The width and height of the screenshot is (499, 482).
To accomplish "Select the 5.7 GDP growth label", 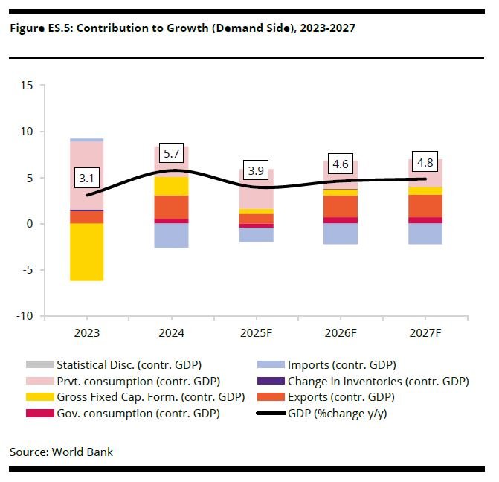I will click(x=171, y=154).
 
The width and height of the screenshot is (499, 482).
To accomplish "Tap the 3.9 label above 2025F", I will click(x=256, y=170).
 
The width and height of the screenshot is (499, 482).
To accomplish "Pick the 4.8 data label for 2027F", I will click(x=425, y=162).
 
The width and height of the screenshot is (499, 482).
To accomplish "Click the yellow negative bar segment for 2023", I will click(x=86, y=252).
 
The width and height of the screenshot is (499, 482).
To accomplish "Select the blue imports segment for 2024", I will click(x=171, y=235).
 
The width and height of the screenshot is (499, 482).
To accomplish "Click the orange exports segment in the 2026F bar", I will click(x=341, y=206).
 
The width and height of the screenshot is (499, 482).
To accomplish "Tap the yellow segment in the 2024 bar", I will click(x=171, y=186).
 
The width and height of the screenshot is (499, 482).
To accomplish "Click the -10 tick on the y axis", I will click(x=24, y=316).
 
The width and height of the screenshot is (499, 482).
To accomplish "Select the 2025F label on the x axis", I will click(x=256, y=334).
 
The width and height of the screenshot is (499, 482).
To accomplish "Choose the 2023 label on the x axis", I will click(x=86, y=334).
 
